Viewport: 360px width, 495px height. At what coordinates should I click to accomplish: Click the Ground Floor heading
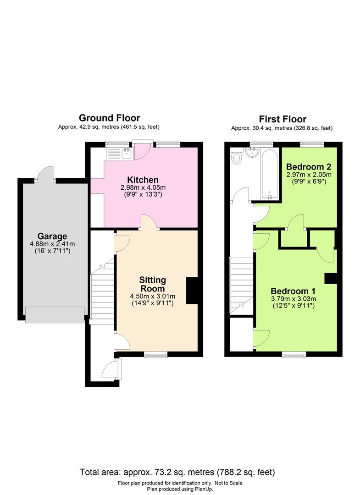tap(109, 118)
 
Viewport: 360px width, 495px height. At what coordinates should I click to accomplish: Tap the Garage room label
tap(52, 237)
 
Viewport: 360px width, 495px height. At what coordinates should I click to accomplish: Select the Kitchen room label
tap(143, 180)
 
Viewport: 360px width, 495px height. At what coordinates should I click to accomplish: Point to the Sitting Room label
tap(152, 284)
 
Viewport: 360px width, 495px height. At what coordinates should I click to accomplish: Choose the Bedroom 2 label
tap(309, 166)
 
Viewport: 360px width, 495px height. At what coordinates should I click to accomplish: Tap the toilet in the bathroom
tap(237, 158)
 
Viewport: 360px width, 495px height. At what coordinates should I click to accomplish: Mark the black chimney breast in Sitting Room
tap(191, 291)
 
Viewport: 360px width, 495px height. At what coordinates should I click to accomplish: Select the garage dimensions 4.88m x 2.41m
tap(52, 244)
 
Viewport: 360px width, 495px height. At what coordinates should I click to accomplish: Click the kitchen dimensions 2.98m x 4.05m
tap(143, 188)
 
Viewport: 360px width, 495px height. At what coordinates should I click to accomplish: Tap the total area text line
tap(177, 472)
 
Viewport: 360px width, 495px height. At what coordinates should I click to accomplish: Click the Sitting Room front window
tap(155, 354)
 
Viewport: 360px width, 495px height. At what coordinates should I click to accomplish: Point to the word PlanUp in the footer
tap(198, 489)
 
